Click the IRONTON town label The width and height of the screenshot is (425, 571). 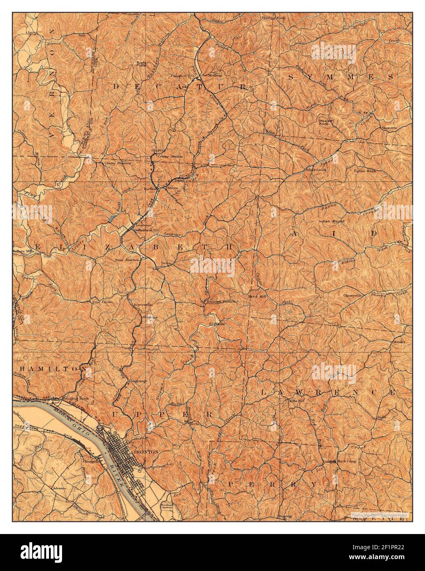click(x=146, y=451)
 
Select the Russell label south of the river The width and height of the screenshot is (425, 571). click(x=92, y=461)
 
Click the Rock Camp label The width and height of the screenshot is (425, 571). click(x=347, y=461)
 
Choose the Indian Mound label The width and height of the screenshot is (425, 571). click(x=331, y=221)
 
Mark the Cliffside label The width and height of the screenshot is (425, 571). click(x=217, y=324)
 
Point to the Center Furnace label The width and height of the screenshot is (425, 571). click(x=118, y=163)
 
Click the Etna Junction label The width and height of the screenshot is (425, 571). click(x=128, y=260)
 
